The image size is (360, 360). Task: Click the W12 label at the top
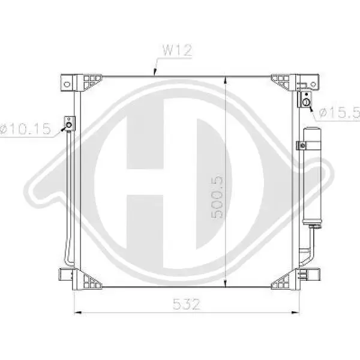(177, 50)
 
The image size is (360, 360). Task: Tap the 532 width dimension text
(186, 304)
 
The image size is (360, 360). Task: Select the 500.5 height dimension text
(217, 197)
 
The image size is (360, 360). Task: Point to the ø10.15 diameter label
(25, 129)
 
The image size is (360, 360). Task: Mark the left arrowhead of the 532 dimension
(78, 312)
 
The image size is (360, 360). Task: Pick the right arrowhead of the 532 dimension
(295, 312)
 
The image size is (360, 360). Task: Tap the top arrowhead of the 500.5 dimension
(226, 80)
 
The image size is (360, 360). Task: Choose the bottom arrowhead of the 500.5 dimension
(226, 283)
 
